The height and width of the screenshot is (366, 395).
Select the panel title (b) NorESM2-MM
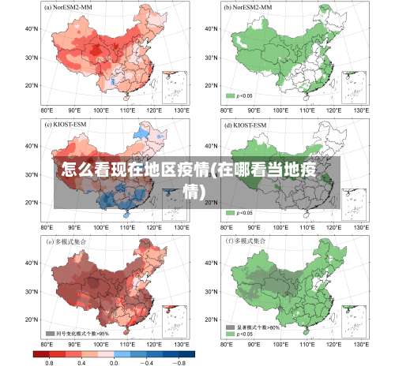click(x=249, y=8)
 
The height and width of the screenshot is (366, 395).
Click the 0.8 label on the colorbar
click(x=49, y=361)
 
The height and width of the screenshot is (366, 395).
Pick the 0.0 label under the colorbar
click(x=114, y=361)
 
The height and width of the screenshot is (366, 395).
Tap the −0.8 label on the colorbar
click(x=179, y=361)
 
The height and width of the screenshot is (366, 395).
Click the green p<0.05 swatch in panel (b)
click(x=231, y=95)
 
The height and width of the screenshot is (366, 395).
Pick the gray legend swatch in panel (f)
click(x=231, y=327)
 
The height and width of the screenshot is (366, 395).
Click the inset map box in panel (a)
click(x=174, y=85)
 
